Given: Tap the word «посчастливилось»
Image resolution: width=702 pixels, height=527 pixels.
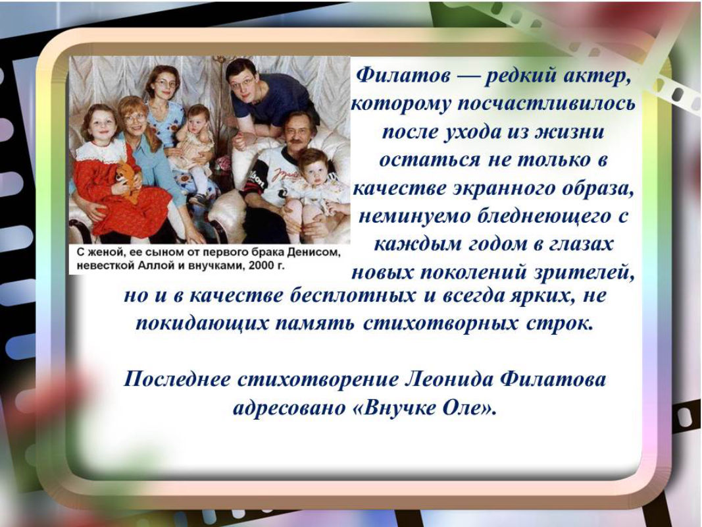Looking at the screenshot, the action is tap(546, 104).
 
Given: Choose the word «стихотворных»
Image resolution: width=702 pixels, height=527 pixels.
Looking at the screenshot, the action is tap(441, 323).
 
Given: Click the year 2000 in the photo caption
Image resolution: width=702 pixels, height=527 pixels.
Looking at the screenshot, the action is tap(260, 265).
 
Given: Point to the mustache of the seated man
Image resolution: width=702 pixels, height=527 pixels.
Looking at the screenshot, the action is tap(296, 143).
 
